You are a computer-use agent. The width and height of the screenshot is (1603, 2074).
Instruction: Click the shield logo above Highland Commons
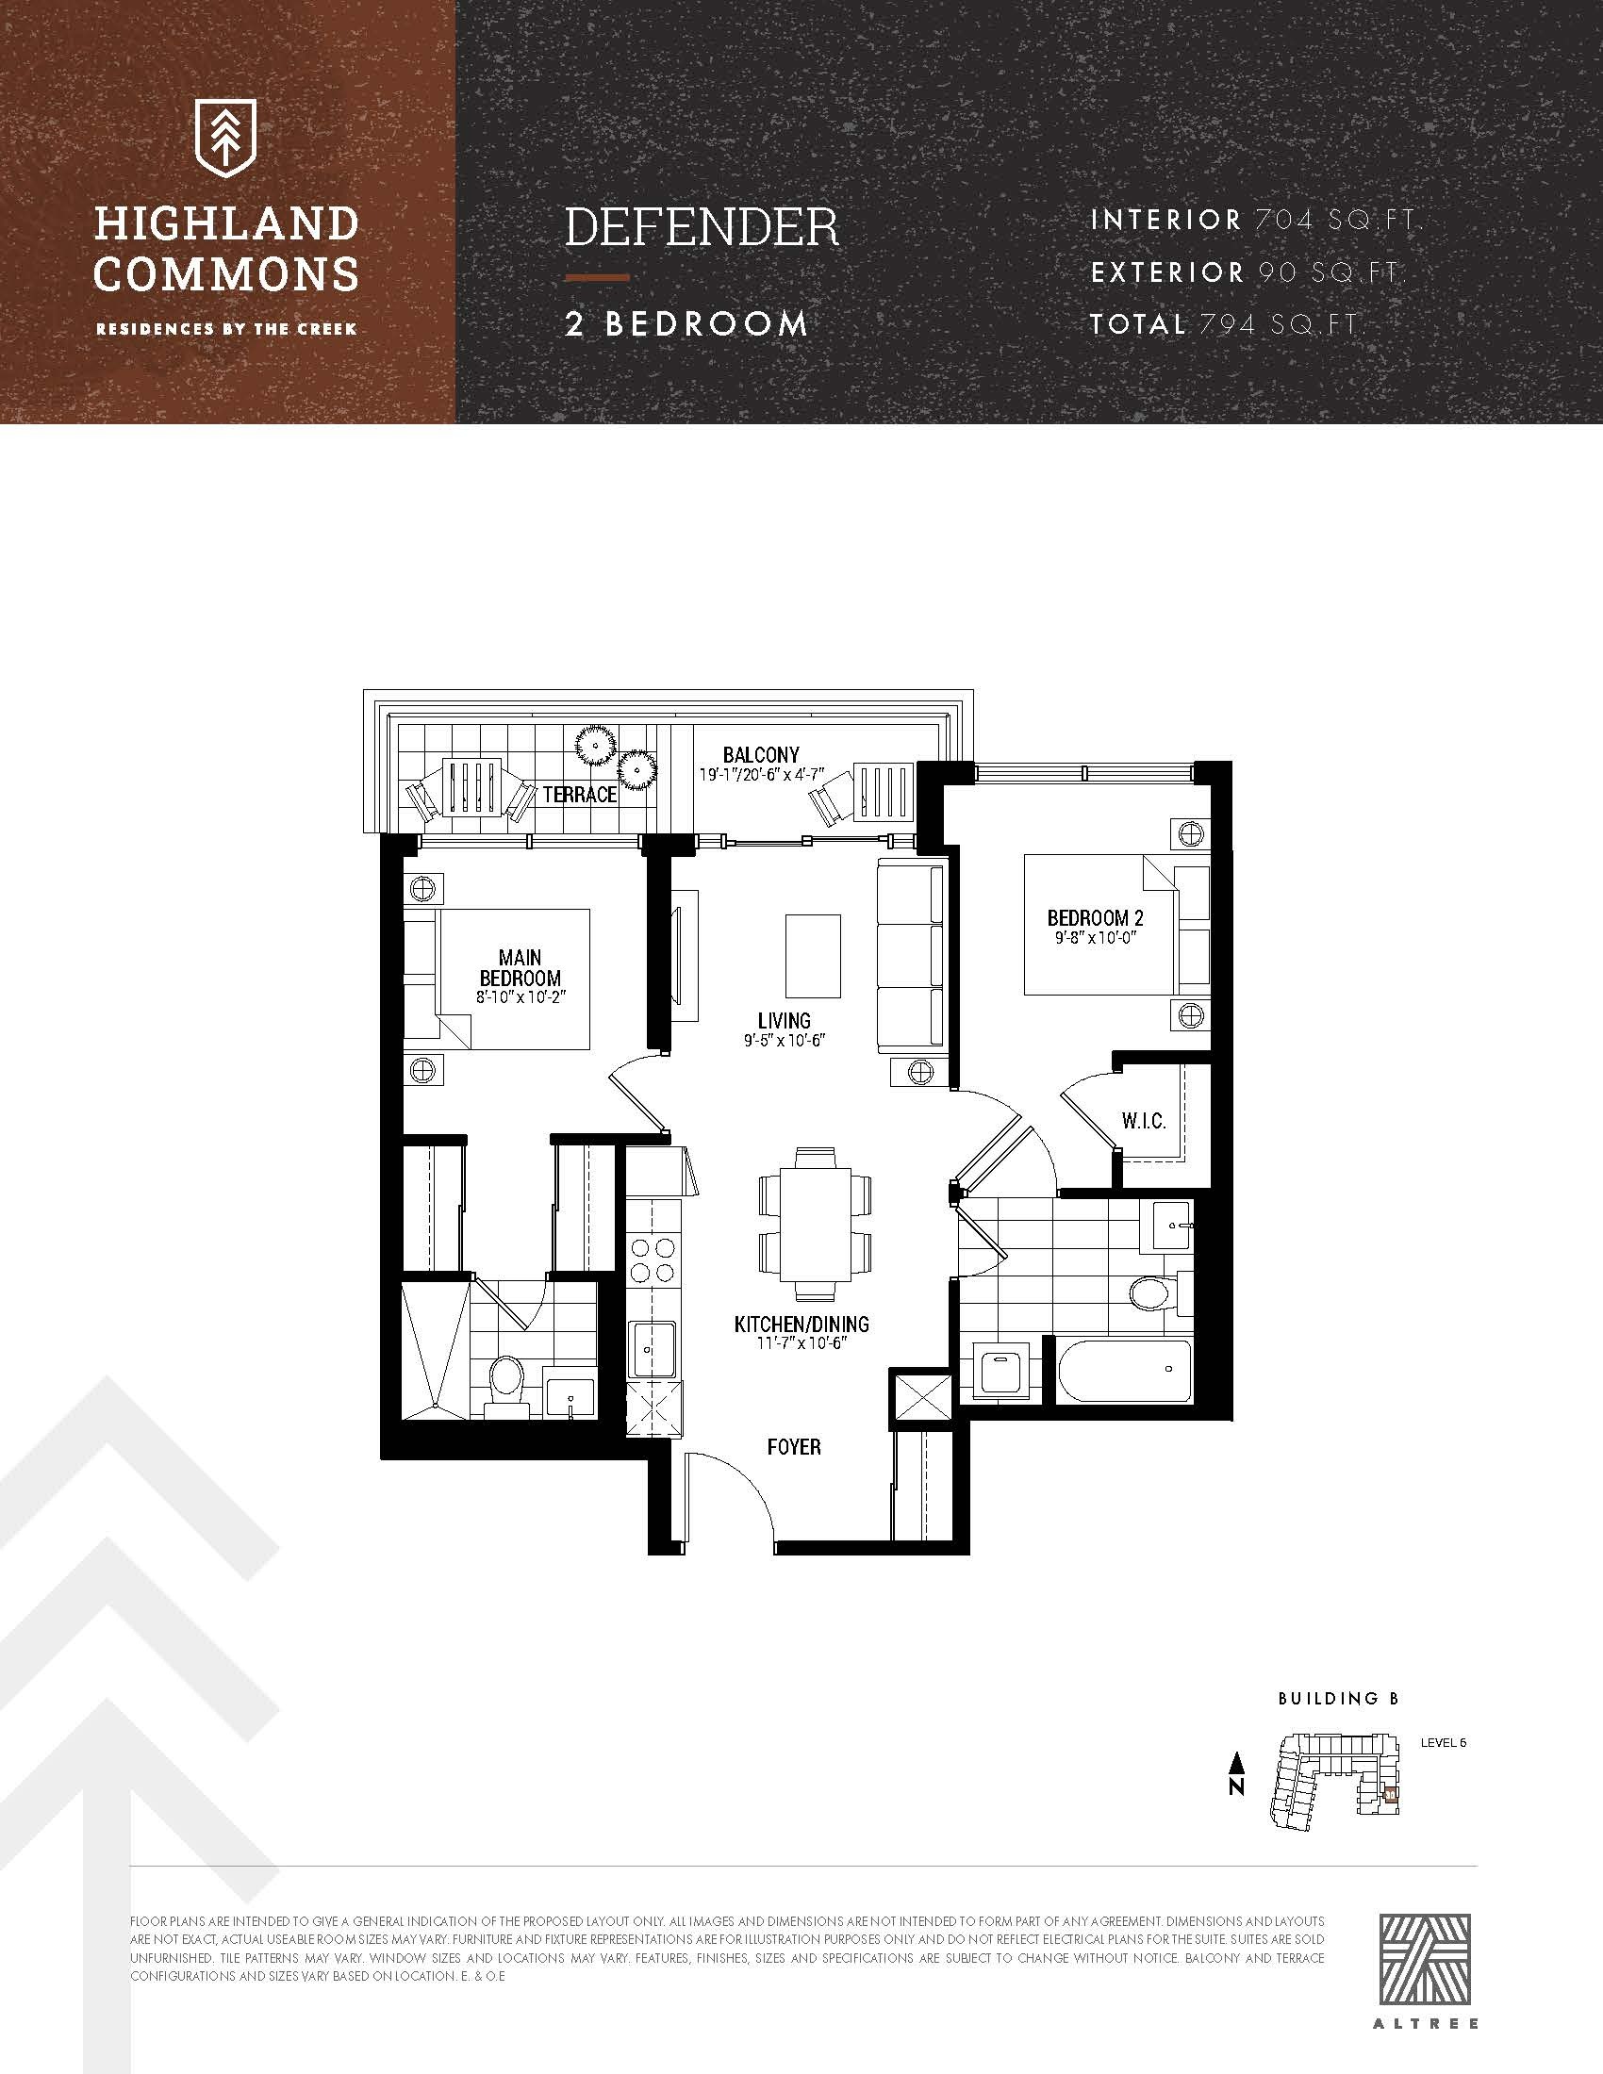click(226, 140)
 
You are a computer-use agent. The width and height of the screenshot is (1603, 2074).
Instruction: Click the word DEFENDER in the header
click(702, 227)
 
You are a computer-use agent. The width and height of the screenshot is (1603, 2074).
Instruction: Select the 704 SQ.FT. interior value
click(1337, 221)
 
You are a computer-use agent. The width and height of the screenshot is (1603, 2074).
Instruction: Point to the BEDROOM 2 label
click(1095, 917)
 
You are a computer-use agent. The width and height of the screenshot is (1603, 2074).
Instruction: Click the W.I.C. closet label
click(1144, 1121)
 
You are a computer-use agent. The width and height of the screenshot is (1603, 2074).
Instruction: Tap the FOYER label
click(794, 1446)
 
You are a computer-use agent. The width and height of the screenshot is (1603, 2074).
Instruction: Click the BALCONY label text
click(761, 755)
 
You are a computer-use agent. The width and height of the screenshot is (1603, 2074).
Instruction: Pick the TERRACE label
click(579, 794)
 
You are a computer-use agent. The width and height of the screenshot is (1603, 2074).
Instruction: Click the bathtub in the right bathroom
click(1124, 1371)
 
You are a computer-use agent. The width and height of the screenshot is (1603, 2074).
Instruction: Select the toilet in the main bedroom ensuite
click(505, 1381)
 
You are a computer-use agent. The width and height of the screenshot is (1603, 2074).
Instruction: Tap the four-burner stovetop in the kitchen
click(654, 1260)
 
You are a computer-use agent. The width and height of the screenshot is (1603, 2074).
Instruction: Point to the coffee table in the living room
click(813, 955)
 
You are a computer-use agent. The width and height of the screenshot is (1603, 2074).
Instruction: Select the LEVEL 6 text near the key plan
click(1443, 1742)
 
